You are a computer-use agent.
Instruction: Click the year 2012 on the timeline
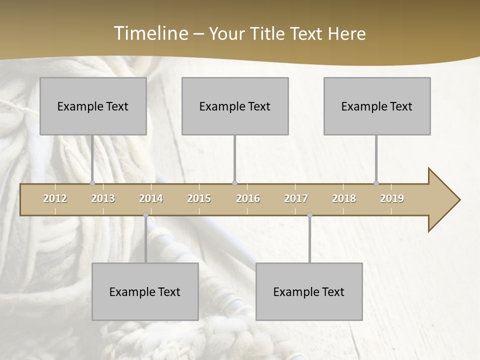pyautogui.click(x=55, y=198)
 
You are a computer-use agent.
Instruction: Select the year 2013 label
pyautogui.click(x=103, y=198)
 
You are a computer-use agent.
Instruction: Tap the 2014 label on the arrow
pyautogui.click(x=151, y=198)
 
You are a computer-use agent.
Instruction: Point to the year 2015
pyautogui.click(x=199, y=198)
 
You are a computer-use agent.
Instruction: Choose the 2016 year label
pyautogui.click(x=248, y=198)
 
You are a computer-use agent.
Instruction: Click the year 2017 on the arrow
pyautogui.click(x=296, y=198)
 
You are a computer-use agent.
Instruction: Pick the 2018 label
pyautogui.click(x=344, y=198)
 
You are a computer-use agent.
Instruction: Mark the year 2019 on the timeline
pyautogui.click(x=392, y=198)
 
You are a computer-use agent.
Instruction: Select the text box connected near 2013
pyautogui.click(x=93, y=106)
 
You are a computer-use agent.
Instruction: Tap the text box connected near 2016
pyautogui.click(x=235, y=106)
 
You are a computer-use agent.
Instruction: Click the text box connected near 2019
pyautogui.click(x=377, y=106)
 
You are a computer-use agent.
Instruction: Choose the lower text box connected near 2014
pyautogui.click(x=145, y=291)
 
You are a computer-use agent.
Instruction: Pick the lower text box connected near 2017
pyautogui.click(x=309, y=291)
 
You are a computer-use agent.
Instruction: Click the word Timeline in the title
pyautogui.click(x=149, y=33)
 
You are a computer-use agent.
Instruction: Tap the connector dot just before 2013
pyautogui.click(x=92, y=183)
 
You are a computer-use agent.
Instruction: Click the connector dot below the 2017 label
pyautogui.click(x=309, y=215)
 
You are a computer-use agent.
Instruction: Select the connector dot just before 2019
pyautogui.click(x=376, y=183)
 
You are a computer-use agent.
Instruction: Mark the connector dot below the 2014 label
pyautogui.click(x=145, y=215)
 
